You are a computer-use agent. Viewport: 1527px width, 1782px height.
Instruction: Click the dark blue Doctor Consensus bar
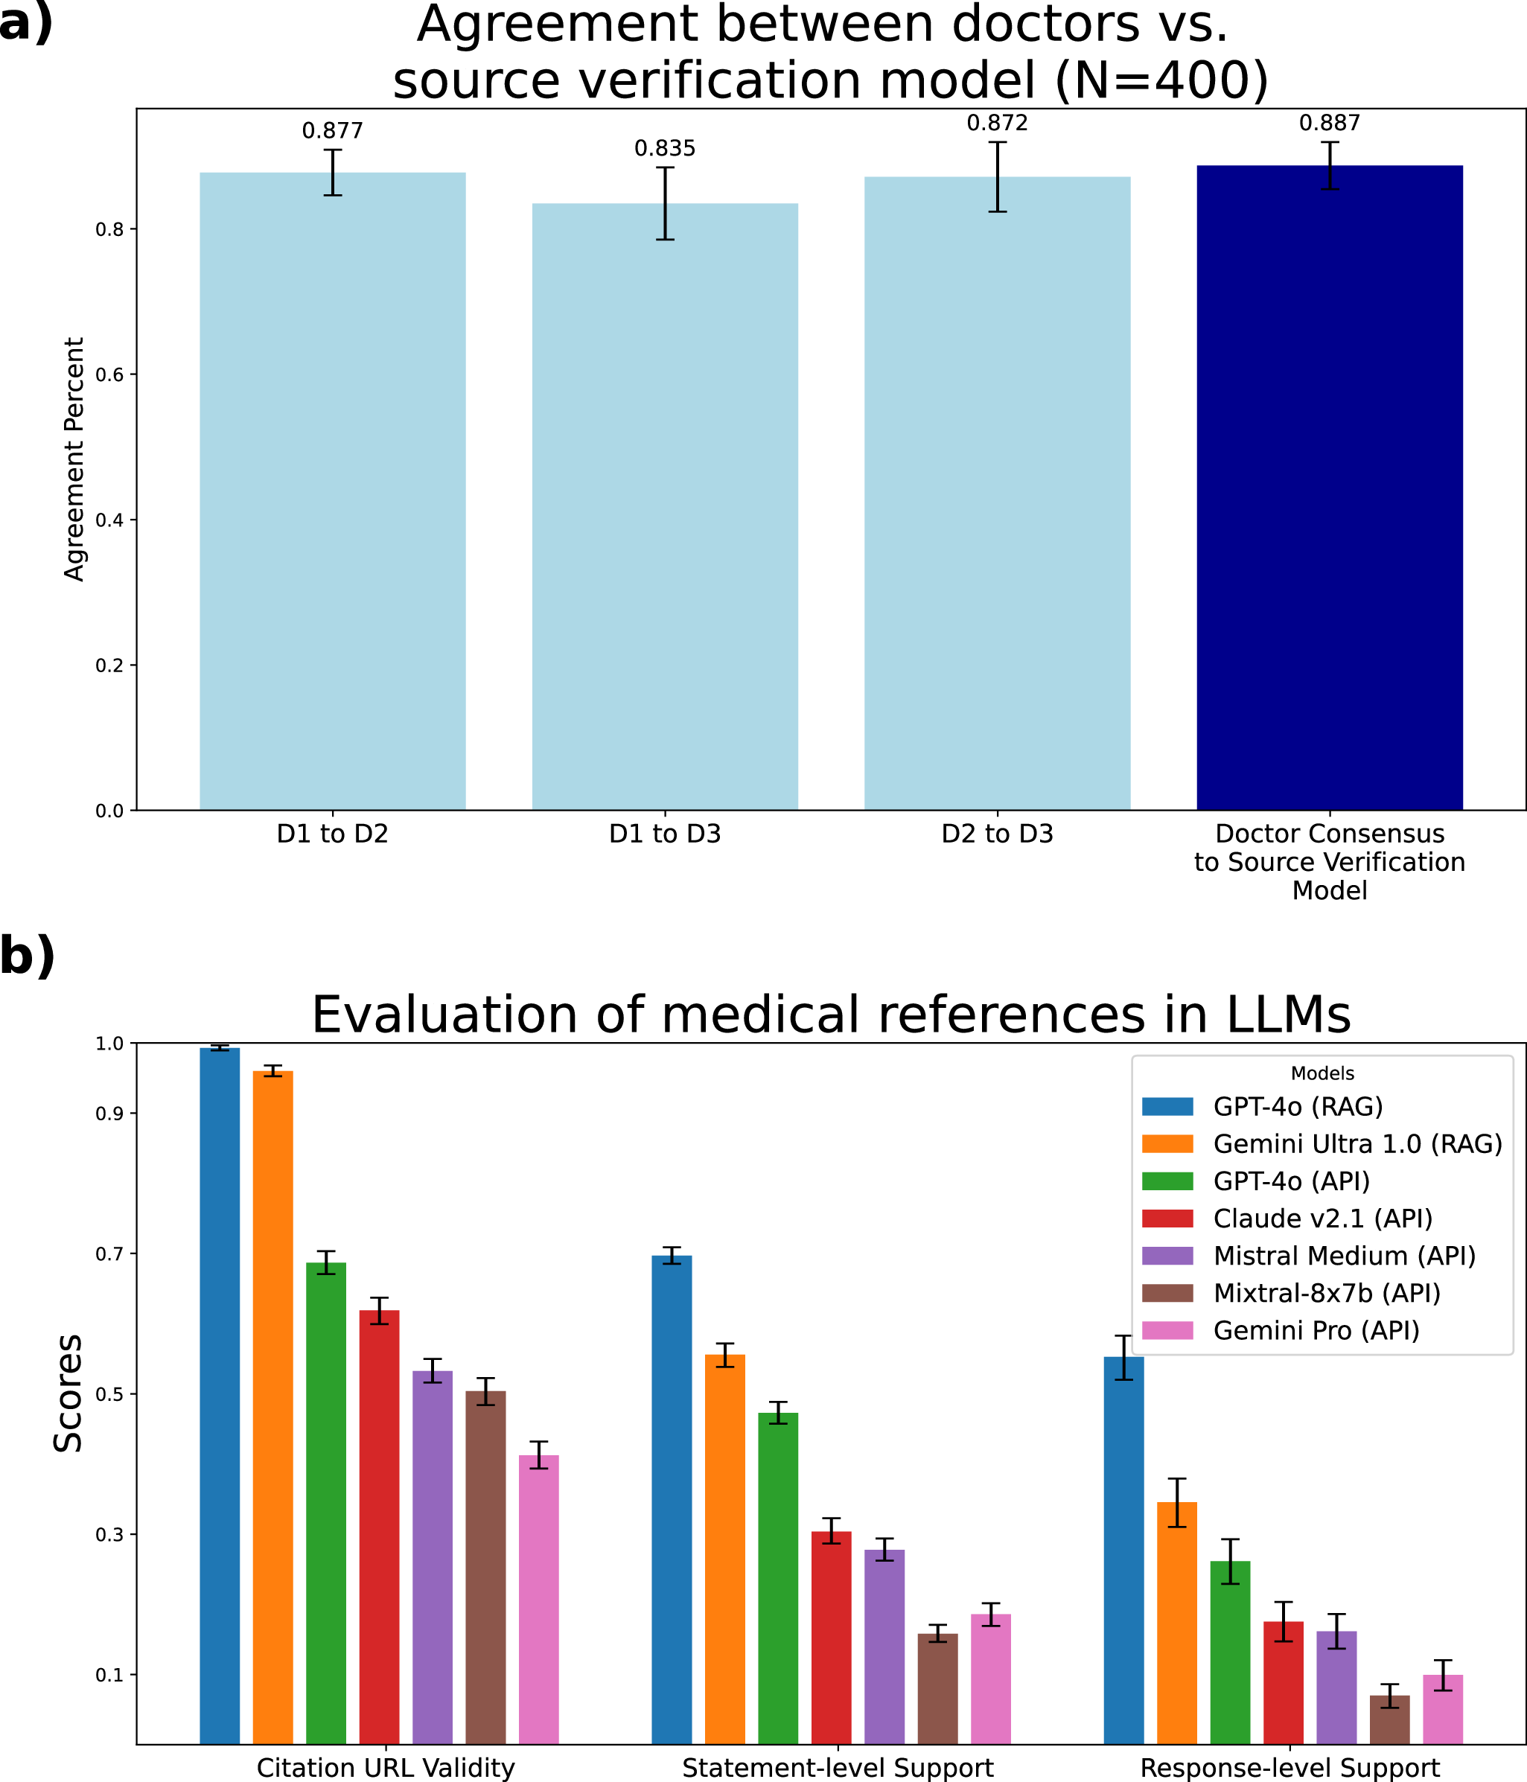coord(1329,488)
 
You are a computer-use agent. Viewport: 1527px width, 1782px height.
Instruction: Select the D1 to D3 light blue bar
coord(665,507)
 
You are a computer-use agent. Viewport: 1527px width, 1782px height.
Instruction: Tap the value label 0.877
coord(332,131)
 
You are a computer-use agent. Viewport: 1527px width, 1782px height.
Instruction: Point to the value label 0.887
coord(1329,123)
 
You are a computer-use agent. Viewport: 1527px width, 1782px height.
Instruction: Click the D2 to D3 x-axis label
coord(997,834)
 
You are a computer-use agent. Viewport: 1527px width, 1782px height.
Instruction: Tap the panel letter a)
coord(26,22)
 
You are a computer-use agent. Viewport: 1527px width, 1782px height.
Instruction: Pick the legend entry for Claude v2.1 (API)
coord(1322,1219)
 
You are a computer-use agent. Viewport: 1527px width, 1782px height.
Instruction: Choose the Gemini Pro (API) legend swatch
coord(1167,1330)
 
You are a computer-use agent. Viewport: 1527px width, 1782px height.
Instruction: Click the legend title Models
coord(1322,1073)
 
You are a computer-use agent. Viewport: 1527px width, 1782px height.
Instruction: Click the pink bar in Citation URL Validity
coord(538,1587)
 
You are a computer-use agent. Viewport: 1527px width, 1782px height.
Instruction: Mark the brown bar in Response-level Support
coord(1389,1716)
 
